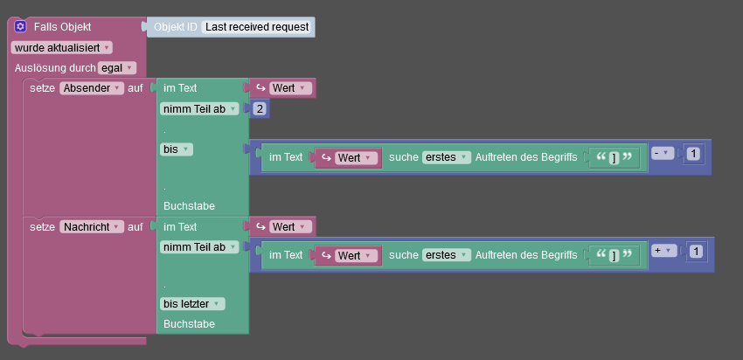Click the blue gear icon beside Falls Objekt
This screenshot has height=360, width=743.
pos(20,27)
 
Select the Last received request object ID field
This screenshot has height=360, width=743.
pos(257,27)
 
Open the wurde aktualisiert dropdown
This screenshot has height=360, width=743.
pos(61,47)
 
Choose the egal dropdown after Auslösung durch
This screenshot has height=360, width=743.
pos(117,67)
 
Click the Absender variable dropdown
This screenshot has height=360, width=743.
pos(92,88)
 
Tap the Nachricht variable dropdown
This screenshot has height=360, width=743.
pos(92,227)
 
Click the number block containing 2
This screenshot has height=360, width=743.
pos(260,109)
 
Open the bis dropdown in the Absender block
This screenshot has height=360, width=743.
pos(177,149)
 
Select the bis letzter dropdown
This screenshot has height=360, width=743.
pos(192,304)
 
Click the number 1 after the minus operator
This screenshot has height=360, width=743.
pos(693,154)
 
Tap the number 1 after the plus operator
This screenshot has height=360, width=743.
pos(696,252)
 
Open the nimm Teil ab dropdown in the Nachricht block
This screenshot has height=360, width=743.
pos(199,247)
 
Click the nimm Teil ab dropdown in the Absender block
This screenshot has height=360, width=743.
pos(199,109)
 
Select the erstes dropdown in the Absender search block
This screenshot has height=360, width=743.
pos(446,157)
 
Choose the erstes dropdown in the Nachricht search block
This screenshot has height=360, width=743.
pos(446,255)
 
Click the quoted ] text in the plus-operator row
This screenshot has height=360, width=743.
pos(614,255)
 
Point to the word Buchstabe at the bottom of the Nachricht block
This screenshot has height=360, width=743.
pos(189,323)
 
